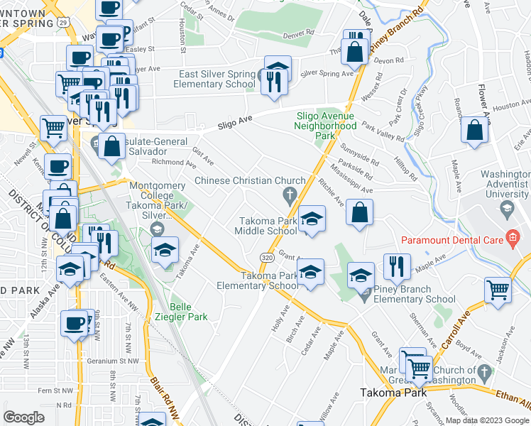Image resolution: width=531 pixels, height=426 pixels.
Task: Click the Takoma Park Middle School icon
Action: [311, 220]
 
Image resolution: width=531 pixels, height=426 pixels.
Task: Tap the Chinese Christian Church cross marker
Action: [289, 195]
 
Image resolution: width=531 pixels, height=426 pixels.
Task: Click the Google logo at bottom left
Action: [23, 417]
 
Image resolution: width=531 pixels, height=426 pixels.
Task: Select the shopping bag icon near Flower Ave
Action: [474, 131]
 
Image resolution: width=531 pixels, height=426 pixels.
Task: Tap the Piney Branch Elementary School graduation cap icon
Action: [361, 275]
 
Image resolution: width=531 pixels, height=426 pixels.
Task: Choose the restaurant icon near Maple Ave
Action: [397, 267]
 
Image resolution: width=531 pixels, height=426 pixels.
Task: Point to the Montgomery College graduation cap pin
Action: [157, 229]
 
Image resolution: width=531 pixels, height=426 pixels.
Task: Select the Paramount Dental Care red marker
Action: [510, 239]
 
